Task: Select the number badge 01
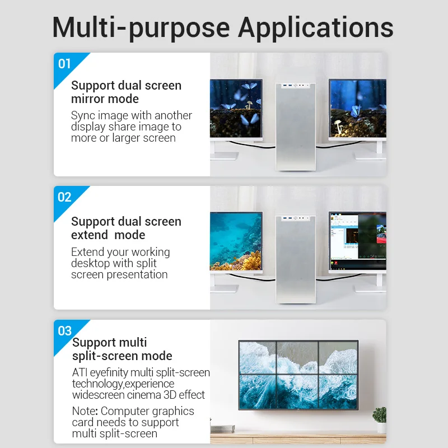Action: (x=65, y=64)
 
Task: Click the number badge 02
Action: (x=65, y=197)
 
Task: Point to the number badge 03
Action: (x=65, y=330)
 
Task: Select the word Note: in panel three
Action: (x=85, y=411)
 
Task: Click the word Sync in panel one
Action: (x=83, y=116)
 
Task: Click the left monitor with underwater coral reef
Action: (x=236, y=241)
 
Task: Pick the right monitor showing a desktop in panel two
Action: (x=357, y=241)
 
